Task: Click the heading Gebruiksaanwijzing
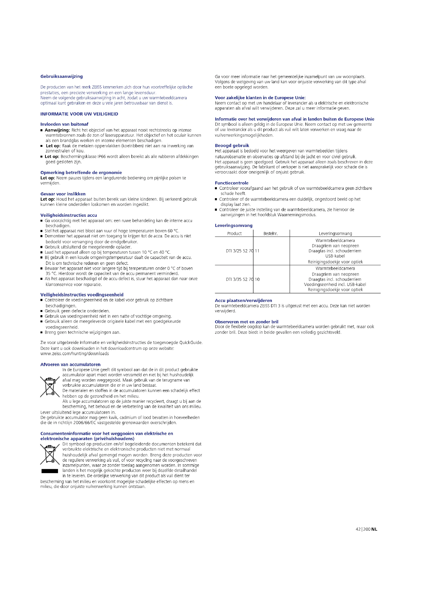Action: click(x=61, y=77)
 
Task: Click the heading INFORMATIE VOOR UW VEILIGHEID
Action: click(x=79, y=114)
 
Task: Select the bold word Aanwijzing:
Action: click(x=57, y=130)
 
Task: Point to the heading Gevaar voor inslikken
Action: click(x=63, y=194)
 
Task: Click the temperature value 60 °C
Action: click(x=173, y=231)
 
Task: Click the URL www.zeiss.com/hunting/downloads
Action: click(x=74, y=354)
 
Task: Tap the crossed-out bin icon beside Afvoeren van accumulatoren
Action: click(x=50, y=387)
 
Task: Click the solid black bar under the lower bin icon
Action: click(x=50, y=471)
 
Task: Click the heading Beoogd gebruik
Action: click(x=232, y=146)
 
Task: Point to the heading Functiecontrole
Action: click(x=231, y=183)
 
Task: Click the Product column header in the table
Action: click(x=234, y=234)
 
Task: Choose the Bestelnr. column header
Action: click(x=270, y=234)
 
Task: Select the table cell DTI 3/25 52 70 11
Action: click(x=242, y=251)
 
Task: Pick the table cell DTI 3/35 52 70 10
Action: click(x=242, y=279)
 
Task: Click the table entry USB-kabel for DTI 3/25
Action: click(x=335, y=256)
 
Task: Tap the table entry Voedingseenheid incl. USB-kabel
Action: click(x=335, y=285)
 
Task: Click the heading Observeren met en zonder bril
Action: click(x=246, y=322)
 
